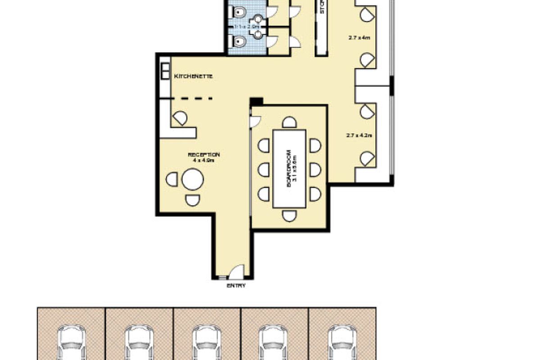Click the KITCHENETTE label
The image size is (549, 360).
coord(193,76)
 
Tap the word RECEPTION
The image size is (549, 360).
coord(204,155)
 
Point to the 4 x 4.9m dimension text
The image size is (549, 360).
coord(204,160)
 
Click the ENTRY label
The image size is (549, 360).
coord(236,285)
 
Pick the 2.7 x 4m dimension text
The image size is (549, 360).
coord(359,38)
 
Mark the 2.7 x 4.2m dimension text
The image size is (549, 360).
coord(359,135)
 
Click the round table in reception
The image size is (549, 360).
coord(193,180)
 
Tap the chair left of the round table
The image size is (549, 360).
coord(172,180)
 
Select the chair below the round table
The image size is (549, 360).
coord(193,200)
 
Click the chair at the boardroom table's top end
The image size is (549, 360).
coord(289,122)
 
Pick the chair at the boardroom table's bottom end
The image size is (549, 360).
coord(289,216)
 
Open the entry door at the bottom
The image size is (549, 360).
coord(236,272)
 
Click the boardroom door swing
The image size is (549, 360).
coord(255,121)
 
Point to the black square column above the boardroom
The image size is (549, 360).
coord(256,102)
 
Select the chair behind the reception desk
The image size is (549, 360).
coord(180,118)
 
